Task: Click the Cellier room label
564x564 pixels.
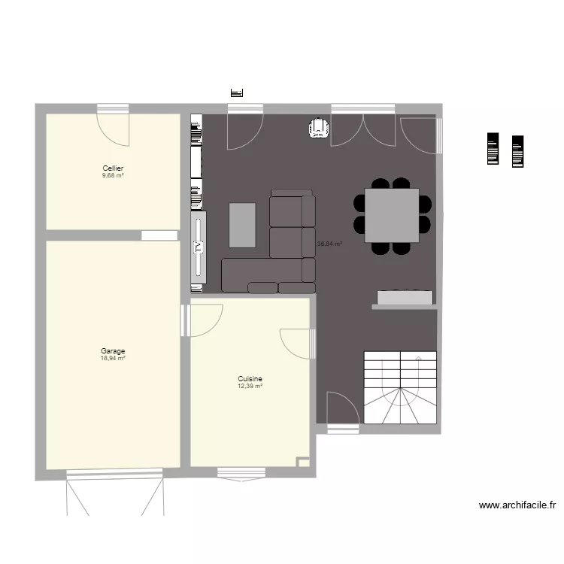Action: click(113, 168)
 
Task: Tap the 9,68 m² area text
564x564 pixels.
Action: click(113, 175)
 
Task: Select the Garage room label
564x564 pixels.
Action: click(113, 350)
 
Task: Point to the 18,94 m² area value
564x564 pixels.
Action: click(113, 358)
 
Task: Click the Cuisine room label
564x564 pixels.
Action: click(250, 379)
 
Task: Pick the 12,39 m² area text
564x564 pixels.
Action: click(250, 386)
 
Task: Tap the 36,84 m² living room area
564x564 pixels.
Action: click(329, 244)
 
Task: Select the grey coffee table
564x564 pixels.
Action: click(242, 224)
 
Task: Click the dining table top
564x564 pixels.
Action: click(392, 215)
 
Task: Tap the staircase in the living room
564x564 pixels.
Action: click(400, 387)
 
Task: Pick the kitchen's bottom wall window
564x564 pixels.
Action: click(241, 473)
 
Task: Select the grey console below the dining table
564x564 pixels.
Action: click(405, 299)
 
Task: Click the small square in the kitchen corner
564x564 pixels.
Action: click(303, 462)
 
